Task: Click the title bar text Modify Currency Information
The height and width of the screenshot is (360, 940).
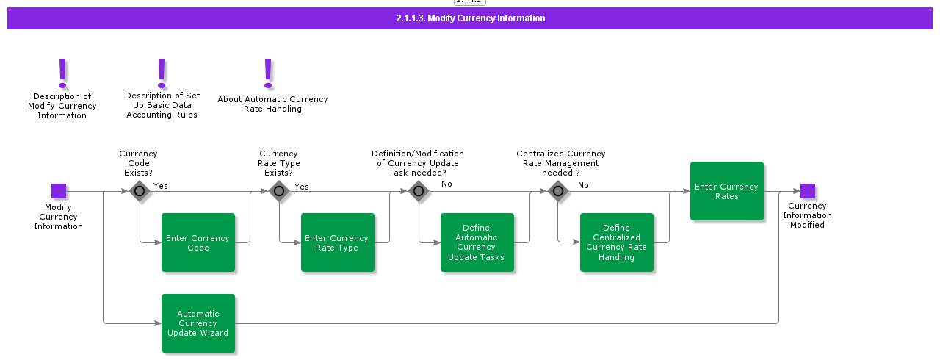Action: coord(470,18)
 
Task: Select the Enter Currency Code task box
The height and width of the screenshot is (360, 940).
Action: coord(198,242)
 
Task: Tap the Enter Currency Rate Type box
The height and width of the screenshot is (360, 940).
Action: coord(338,242)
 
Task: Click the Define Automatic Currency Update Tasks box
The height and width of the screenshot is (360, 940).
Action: coord(477,242)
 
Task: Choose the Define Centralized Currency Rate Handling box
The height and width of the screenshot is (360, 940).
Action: coord(617,242)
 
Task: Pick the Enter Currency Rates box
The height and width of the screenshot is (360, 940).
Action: coord(727,191)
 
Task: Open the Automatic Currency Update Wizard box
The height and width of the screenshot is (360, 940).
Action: coord(198,323)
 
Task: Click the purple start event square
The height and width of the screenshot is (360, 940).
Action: coord(59,191)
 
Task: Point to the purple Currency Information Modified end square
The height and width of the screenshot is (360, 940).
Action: coord(808,191)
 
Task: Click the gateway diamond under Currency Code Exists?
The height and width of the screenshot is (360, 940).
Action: coord(140,192)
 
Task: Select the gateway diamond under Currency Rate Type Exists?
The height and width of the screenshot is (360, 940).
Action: coord(279,192)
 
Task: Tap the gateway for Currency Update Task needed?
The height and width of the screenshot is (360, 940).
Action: coord(419,192)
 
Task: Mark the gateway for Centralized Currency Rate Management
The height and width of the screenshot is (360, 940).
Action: coord(558,192)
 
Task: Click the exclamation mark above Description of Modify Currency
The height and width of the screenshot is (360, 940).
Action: coord(62,73)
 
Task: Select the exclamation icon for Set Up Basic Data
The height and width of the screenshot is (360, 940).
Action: coord(162,73)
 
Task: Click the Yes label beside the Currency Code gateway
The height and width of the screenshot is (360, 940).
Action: coord(161,186)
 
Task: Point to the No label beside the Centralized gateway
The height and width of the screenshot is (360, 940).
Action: coord(583,185)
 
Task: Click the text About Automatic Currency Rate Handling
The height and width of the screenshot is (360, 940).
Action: coord(272,104)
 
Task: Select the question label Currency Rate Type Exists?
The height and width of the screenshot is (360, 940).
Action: coord(279,163)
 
